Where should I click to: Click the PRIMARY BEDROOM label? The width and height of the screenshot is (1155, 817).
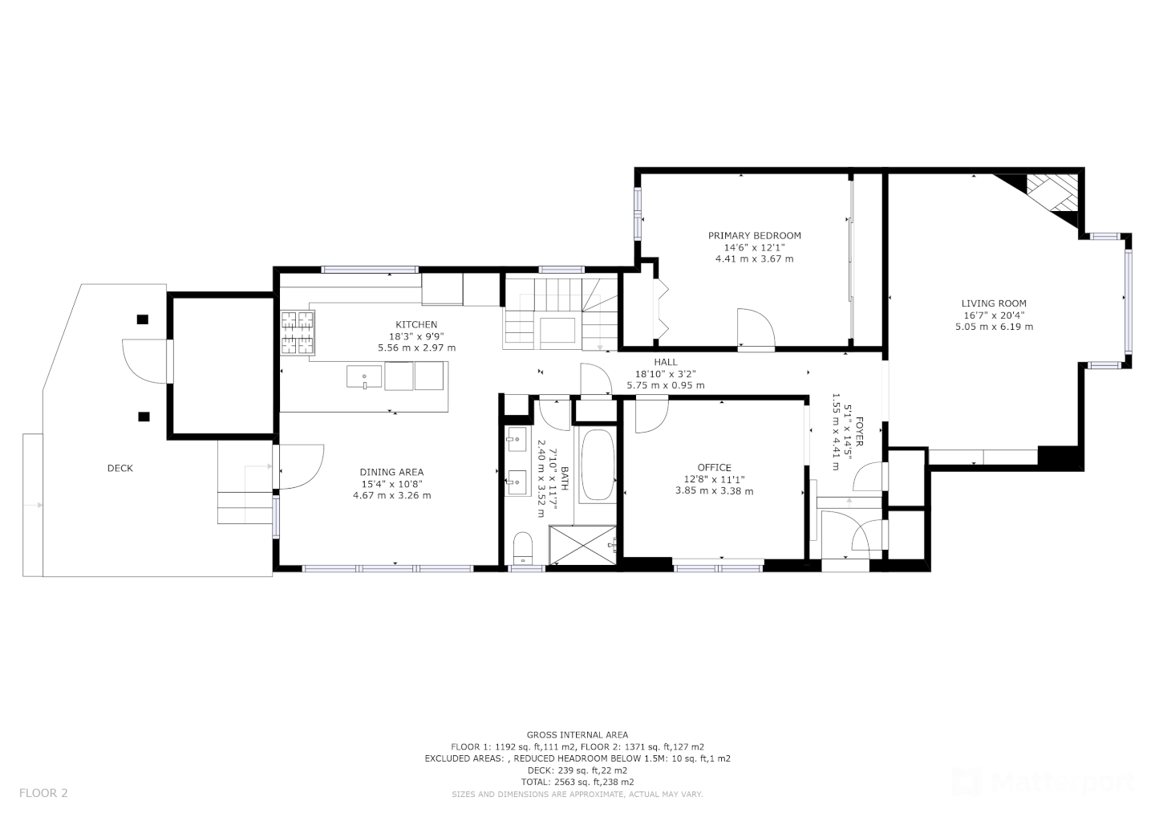click(754, 236)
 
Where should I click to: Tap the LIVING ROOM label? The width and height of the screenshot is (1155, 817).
click(994, 304)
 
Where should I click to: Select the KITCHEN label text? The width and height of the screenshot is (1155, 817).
click(416, 324)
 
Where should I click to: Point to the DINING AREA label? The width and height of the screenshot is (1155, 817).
click(391, 472)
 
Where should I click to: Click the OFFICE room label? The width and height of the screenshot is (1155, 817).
click(714, 468)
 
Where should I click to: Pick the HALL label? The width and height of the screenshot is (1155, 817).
click(666, 362)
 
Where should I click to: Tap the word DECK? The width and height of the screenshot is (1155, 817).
click(120, 469)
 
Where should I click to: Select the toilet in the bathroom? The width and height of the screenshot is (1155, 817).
click(523, 548)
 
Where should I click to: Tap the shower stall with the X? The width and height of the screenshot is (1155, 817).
click(582, 545)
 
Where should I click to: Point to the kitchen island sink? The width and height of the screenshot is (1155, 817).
click(364, 376)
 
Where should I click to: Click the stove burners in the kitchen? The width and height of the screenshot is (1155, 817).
click(298, 333)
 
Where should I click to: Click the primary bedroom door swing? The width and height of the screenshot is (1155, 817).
click(756, 328)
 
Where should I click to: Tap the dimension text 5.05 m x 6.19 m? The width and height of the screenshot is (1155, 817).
click(994, 327)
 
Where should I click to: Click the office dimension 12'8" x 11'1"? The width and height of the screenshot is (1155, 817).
click(714, 480)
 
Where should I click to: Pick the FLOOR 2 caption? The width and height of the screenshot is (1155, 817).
click(43, 793)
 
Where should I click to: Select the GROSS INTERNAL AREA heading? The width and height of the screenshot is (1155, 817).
click(577, 735)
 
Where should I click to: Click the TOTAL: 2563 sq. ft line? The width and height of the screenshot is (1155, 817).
click(577, 782)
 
